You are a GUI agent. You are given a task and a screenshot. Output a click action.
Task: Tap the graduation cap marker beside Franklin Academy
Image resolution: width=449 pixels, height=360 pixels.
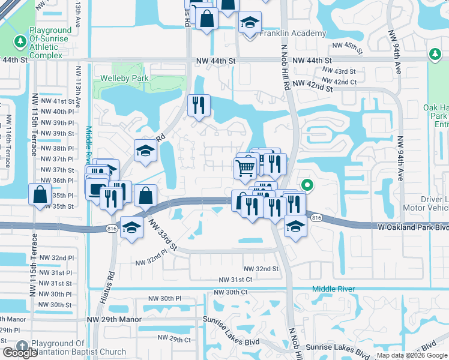coord(249,23)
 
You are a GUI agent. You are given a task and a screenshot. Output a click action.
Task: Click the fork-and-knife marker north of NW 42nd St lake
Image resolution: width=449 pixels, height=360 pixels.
coord(199,106)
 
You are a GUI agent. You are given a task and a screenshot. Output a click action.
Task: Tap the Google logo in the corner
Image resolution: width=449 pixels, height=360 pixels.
coord(19,353)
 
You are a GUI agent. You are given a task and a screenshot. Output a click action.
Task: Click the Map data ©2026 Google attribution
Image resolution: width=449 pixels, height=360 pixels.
coord(412,355)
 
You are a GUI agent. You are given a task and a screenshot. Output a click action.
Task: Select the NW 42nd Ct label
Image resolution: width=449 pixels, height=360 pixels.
coord(339,82)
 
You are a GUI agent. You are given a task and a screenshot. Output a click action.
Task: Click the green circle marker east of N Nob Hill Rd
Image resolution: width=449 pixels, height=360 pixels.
coord(307,185)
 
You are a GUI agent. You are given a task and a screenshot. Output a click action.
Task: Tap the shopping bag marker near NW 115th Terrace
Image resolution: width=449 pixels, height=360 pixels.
coord(40,194)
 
